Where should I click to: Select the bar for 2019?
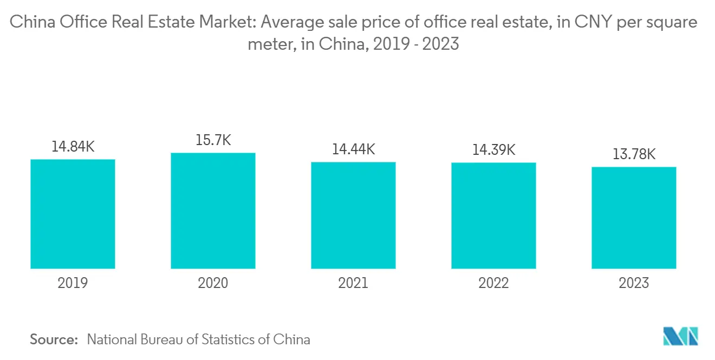pyautogui.click(x=73, y=214)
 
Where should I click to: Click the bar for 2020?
pyautogui.click(x=213, y=211)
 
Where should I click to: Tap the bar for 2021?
pyautogui.click(x=353, y=215)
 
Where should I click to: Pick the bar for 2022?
pyautogui.click(x=493, y=215)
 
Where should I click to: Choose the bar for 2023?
pyautogui.click(x=634, y=218)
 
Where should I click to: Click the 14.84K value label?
pyautogui.click(x=73, y=147)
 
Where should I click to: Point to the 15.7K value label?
pyautogui.click(x=213, y=140)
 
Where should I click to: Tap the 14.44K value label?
pyautogui.click(x=353, y=149)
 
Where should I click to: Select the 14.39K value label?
pyautogui.click(x=493, y=150)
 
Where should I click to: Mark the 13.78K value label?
pyautogui.click(x=634, y=154)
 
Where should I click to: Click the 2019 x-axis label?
pyautogui.click(x=73, y=283)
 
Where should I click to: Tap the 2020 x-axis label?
pyautogui.click(x=213, y=283)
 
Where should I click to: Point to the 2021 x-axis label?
pyautogui.click(x=353, y=283)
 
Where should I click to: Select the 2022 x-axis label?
pyautogui.click(x=493, y=283)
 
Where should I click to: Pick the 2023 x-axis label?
pyautogui.click(x=634, y=283)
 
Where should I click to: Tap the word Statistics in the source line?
pyautogui.click(x=227, y=339)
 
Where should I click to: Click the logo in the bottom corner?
pyautogui.click(x=680, y=336)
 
